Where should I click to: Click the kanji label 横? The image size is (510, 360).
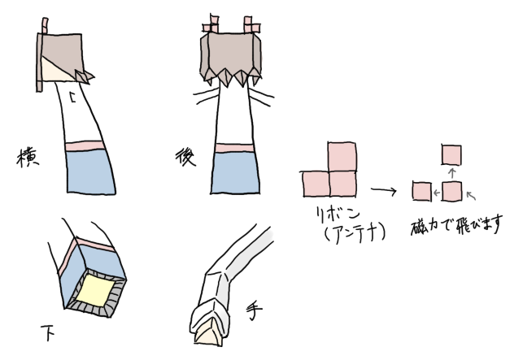coord(28,158)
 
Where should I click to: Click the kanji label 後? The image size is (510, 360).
coord(185,158)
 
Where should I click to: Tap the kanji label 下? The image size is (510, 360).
coord(47,332)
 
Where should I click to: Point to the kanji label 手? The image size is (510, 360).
coord(254,311)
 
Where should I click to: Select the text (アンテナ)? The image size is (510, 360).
coord(355,235)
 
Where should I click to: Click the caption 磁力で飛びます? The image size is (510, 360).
coord(457,224)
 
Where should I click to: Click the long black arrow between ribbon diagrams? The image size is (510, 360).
coord(384,190)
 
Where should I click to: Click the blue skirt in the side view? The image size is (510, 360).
coord(91,172)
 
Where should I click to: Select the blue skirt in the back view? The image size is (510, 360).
coord(235,173)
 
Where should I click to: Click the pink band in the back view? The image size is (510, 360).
coord(235,148)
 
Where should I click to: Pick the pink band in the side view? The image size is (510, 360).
coord(85,146)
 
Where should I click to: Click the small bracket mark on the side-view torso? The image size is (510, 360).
coord(73,98)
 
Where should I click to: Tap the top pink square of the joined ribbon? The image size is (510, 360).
coord(342,157)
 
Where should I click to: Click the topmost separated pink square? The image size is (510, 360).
coord(451,155)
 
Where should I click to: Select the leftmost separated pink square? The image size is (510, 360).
coord(422,191)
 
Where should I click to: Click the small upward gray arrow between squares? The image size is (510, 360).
coord(451,173)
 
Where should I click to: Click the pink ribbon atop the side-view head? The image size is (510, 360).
coord(45,26)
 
